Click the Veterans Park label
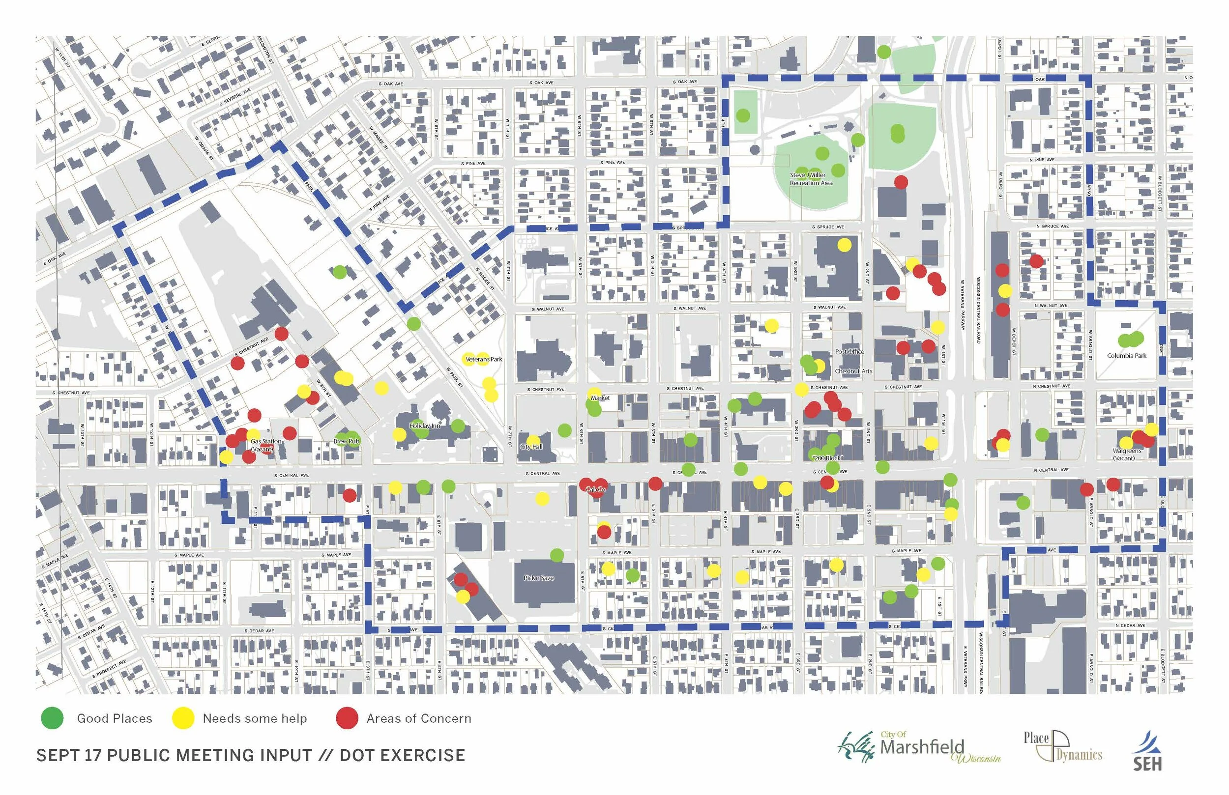point(483,359)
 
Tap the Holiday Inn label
point(424,426)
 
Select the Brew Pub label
point(346,441)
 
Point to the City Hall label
point(531,447)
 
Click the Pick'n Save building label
point(539,578)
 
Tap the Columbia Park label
point(1126,356)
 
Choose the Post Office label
point(849,351)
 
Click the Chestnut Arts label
point(853,371)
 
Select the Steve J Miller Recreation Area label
point(811,179)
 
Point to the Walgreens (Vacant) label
point(1127,454)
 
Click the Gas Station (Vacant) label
point(265,445)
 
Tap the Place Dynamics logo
point(1062,746)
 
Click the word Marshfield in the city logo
point(922,747)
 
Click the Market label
point(600,398)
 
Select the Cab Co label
point(595,489)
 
